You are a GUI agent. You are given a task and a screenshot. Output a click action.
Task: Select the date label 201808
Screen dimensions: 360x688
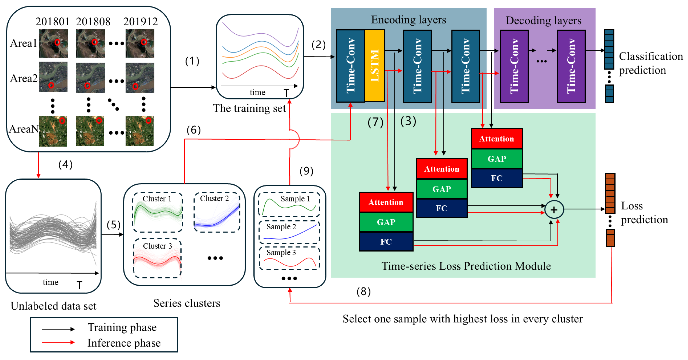click(93, 22)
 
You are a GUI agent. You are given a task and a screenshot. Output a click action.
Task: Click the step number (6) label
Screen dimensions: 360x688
click(193, 130)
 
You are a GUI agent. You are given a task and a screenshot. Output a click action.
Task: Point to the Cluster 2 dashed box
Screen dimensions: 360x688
click(217, 212)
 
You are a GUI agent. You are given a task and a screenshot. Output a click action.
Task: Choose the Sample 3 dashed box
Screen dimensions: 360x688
click(289, 258)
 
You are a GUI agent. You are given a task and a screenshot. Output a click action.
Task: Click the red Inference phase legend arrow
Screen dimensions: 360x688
click(58, 342)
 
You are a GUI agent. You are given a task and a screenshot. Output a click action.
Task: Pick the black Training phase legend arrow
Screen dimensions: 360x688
click(58, 329)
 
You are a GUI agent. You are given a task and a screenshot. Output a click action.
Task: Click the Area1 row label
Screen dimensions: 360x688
click(23, 43)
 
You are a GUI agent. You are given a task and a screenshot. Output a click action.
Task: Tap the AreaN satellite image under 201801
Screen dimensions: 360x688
click(53, 131)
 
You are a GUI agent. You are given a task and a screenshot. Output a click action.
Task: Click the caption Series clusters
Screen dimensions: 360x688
click(187, 303)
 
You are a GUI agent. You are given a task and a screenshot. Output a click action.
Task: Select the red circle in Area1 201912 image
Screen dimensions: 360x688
click(144, 42)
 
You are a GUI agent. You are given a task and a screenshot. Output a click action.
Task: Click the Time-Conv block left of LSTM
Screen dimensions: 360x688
click(350, 66)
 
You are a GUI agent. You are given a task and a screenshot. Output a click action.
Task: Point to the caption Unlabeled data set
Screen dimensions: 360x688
click(54, 306)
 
